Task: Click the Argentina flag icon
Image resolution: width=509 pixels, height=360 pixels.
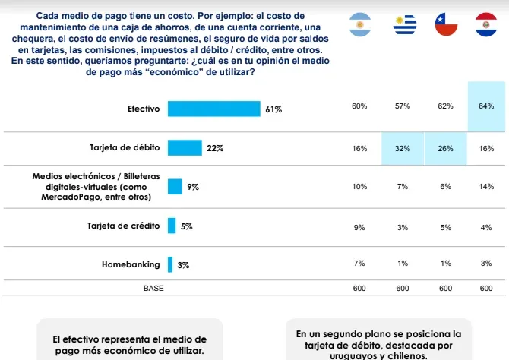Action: click(x=360, y=26)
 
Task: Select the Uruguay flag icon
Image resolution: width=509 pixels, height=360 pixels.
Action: click(x=403, y=26)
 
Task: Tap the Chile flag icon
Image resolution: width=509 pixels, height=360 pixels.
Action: click(x=445, y=26)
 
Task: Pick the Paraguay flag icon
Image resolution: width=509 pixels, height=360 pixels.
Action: click(x=486, y=26)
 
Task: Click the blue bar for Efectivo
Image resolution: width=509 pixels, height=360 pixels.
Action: click(x=213, y=109)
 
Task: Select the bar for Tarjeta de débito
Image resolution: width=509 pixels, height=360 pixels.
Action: click(x=185, y=148)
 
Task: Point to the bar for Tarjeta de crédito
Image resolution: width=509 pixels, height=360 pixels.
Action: click(x=172, y=226)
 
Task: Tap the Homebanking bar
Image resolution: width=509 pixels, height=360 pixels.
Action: click(x=170, y=265)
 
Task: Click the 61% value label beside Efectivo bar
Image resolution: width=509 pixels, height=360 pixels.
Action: click(x=273, y=109)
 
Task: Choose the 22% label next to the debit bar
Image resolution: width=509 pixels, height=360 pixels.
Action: click(x=215, y=149)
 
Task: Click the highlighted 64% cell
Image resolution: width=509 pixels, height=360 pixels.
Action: click(x=486, y=106)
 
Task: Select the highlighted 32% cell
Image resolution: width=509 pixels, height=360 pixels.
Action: click(x=403, y=149)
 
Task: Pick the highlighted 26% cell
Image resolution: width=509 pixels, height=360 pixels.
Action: click(x=445, y=149)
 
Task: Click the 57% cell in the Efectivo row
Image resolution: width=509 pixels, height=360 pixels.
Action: click(x=403, y=106)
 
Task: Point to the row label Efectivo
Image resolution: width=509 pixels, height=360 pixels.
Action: click(x=144, y=109)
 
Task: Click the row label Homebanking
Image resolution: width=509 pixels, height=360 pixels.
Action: click(x=131, y=265)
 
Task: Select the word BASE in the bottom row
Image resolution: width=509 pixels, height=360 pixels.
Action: click(x=153, y=289)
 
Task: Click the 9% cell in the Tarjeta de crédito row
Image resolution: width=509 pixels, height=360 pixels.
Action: click(x=359, y=226)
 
